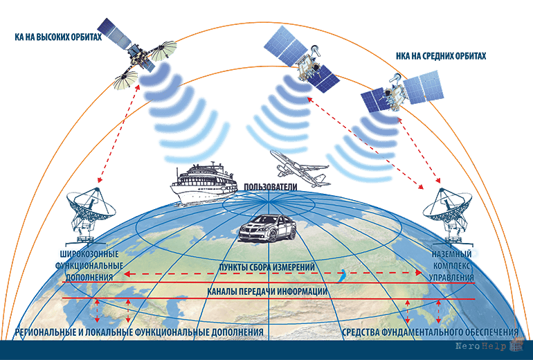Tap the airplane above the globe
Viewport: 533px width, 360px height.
[x=300, y=169]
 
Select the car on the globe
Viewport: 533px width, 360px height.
[x=267, y=228]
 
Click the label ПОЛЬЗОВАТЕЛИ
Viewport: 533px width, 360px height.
[x=270, y=187]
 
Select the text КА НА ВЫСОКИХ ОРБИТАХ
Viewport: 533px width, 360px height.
[x=58, y=37]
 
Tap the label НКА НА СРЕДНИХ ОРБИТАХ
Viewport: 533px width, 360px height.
[x=441, y=56]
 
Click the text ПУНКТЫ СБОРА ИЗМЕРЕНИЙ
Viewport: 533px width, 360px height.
[x=266, y=267]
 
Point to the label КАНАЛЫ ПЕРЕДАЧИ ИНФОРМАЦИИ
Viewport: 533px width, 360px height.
[x=267, y=291]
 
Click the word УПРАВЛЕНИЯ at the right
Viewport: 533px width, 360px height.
[x=451, y=278]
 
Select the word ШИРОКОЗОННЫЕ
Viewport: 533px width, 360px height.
[x=89, y=254]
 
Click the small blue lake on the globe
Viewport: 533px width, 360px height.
[x=341, y=276]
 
